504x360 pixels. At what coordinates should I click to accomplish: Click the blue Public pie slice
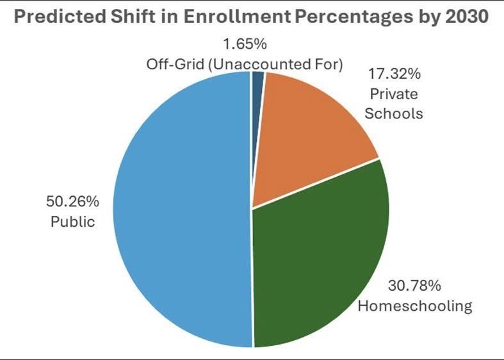(186, 211)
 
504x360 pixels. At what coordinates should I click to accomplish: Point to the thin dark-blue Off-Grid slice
(258, 81)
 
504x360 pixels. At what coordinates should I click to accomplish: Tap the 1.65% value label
(244, 45)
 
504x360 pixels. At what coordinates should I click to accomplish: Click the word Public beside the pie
(73, 222)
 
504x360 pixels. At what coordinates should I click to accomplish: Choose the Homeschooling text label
(414, 305)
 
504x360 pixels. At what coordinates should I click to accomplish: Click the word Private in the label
(393, 94)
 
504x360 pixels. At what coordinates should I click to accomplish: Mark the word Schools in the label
(399, 113)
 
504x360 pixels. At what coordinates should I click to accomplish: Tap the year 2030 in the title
(469, 17)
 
